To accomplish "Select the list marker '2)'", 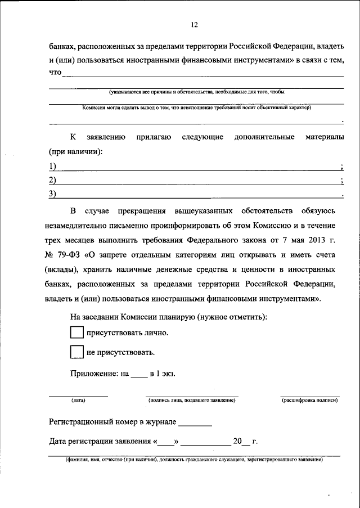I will click(x=53, y=180).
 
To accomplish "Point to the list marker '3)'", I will click(x=53, y=195).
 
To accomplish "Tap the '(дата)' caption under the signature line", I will click(x=78, y=401).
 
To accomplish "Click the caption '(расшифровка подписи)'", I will click(x=309, y=401).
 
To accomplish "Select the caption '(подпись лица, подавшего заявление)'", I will click(x=192, y=401).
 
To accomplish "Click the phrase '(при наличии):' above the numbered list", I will click(x=74, y=152).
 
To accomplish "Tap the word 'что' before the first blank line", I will click(x=54, y=73).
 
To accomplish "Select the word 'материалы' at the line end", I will click(x=325, y=137).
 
